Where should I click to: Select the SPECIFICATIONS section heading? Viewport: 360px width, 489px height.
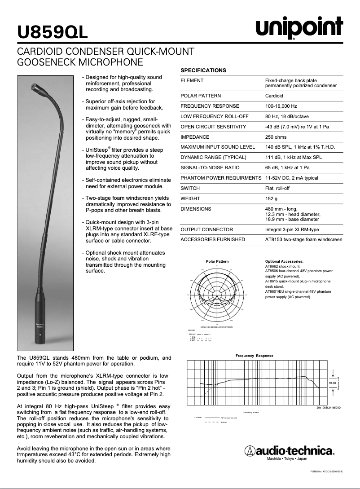point(203,70)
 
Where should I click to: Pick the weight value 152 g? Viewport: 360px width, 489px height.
point(272,198)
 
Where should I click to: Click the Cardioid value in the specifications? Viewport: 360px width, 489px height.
point(274,96)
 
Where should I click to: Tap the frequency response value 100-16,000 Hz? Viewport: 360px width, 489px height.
point(281,106)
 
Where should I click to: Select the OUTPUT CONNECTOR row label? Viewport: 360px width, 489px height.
point(206,229)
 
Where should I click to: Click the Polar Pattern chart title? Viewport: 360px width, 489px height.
point(217,261)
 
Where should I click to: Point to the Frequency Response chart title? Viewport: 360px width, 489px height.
point(254,356)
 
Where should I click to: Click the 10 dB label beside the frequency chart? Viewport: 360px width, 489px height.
point(332,383)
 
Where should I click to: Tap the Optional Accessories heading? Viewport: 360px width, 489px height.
point(284,261)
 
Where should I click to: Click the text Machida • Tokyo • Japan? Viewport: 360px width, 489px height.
point(287,459)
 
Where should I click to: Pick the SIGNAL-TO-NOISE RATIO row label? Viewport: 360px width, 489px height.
point(210,168)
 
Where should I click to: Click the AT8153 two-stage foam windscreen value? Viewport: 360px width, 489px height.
point(303,240)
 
